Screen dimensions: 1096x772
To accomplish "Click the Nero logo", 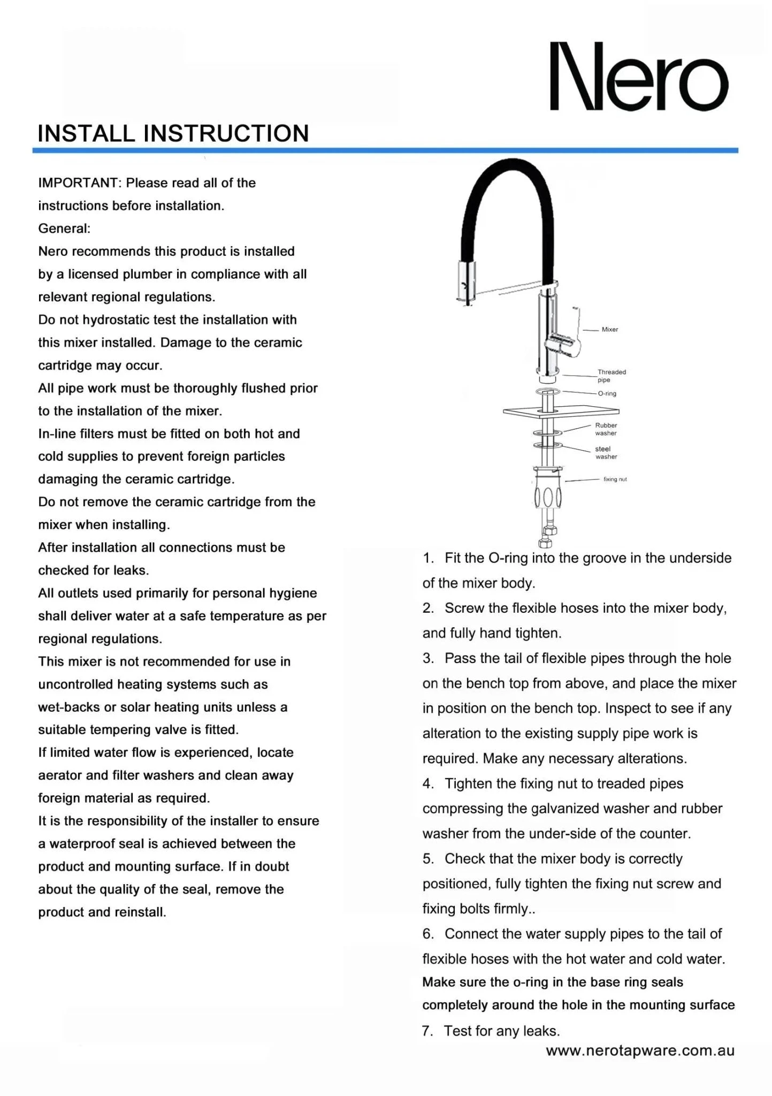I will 639,77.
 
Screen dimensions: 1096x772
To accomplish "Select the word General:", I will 64,229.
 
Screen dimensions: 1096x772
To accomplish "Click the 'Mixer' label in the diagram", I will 609,330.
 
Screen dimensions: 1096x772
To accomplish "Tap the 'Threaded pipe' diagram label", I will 611,376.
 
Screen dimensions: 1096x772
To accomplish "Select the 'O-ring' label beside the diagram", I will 607,394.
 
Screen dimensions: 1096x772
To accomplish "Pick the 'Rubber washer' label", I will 606,429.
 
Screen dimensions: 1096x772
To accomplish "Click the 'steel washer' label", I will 606,453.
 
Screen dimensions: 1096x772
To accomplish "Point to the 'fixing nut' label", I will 615,479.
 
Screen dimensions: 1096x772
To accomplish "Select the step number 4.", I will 427,784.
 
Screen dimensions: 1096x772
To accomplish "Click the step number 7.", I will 427,1031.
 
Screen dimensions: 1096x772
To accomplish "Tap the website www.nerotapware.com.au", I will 640,1051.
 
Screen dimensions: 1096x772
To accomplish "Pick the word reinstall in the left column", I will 139,912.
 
